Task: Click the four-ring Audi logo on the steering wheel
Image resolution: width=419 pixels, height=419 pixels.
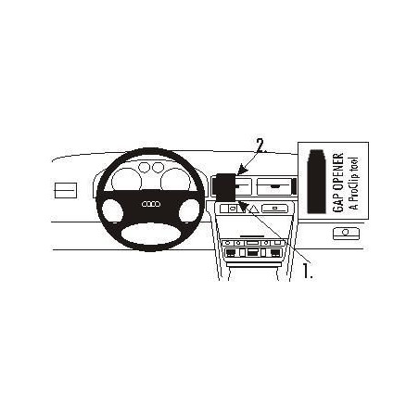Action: point(151,204)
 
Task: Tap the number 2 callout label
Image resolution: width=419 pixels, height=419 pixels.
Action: point(260,146)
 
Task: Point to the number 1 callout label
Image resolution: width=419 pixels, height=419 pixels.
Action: point(308,271)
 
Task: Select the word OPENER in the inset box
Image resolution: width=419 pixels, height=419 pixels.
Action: point(338,173)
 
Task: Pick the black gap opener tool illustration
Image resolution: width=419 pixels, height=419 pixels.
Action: point(316,182)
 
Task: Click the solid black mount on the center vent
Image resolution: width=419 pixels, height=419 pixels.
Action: point(225,186)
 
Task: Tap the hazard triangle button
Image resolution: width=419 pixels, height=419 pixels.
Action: point(254,209)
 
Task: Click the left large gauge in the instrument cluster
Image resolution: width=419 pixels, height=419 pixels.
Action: point(126,179)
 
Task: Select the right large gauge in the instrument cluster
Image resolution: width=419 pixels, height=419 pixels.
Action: point(175,179)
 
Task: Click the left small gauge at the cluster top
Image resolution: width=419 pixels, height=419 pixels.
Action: point(144,167)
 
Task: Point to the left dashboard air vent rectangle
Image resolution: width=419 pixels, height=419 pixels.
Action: point(66,190)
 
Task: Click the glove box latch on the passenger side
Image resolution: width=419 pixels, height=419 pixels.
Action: point(346,234)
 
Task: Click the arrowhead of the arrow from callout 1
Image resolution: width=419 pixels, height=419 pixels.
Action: point(244,207)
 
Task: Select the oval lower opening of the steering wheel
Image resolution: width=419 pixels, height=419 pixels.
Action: point(151,234)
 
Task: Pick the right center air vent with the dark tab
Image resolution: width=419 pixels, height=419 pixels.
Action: point(274,186)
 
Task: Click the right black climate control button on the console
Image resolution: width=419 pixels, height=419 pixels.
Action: point(274,253)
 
